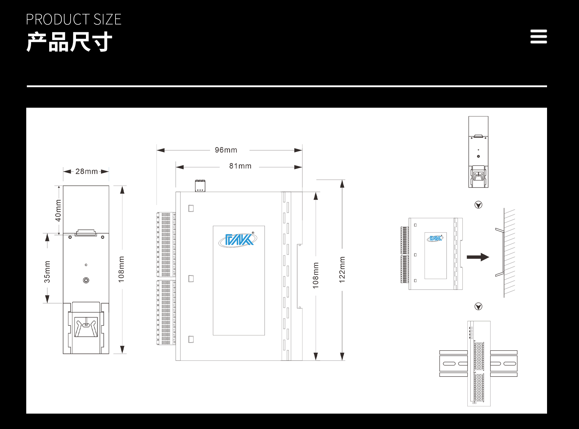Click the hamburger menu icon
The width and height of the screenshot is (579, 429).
(539, 37)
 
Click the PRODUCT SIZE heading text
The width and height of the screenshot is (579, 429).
(74, 20)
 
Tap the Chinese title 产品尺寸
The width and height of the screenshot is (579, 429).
(69, 42)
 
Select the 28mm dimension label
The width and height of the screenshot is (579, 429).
(86, 171)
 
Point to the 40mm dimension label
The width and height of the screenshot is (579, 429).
(58, 210)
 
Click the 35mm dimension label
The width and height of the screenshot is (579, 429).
(47, 272)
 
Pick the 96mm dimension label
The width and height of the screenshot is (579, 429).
(226, 150)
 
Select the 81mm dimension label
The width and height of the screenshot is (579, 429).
(240, 166)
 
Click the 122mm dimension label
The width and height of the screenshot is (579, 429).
(342, 270)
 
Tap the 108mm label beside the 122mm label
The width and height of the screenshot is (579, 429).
(315, 275)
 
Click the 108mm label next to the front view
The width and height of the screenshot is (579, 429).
(121, 269)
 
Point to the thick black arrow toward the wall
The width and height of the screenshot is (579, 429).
(478, 257)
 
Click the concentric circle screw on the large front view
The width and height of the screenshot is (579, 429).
(86, 280)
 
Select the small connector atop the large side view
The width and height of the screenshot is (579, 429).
(200, 186)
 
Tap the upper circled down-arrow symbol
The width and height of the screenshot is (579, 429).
(478, 205)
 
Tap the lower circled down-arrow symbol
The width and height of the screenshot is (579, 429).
(478, 307)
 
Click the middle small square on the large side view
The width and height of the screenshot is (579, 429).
(191, 278)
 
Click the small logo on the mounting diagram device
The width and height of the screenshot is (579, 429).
(435, 238)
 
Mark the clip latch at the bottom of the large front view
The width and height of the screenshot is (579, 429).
(86, 327)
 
